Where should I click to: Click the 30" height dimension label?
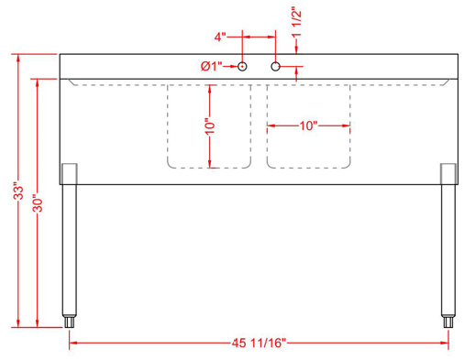[x=37, y=203]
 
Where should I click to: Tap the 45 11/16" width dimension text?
[x=260, y=343]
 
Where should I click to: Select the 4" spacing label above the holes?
[x=220, y=38]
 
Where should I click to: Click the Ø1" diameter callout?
[x=211, y=66]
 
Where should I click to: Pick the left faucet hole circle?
[x=243, y=66]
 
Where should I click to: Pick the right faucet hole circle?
[x=275, y=66]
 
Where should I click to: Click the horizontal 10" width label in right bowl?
[x=308, y=125]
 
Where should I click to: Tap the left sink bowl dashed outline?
[x=169, y=128]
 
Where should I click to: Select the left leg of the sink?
[x=69, y=247]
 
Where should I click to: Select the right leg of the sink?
[x=447, y=247]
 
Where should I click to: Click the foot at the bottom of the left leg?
[x=70, y=321]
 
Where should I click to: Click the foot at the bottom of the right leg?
[x=447, y=321]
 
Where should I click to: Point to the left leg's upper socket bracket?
[x=69, y=173]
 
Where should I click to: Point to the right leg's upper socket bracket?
[x=447, y=173]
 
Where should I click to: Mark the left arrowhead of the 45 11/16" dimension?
[x=74, y=343]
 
